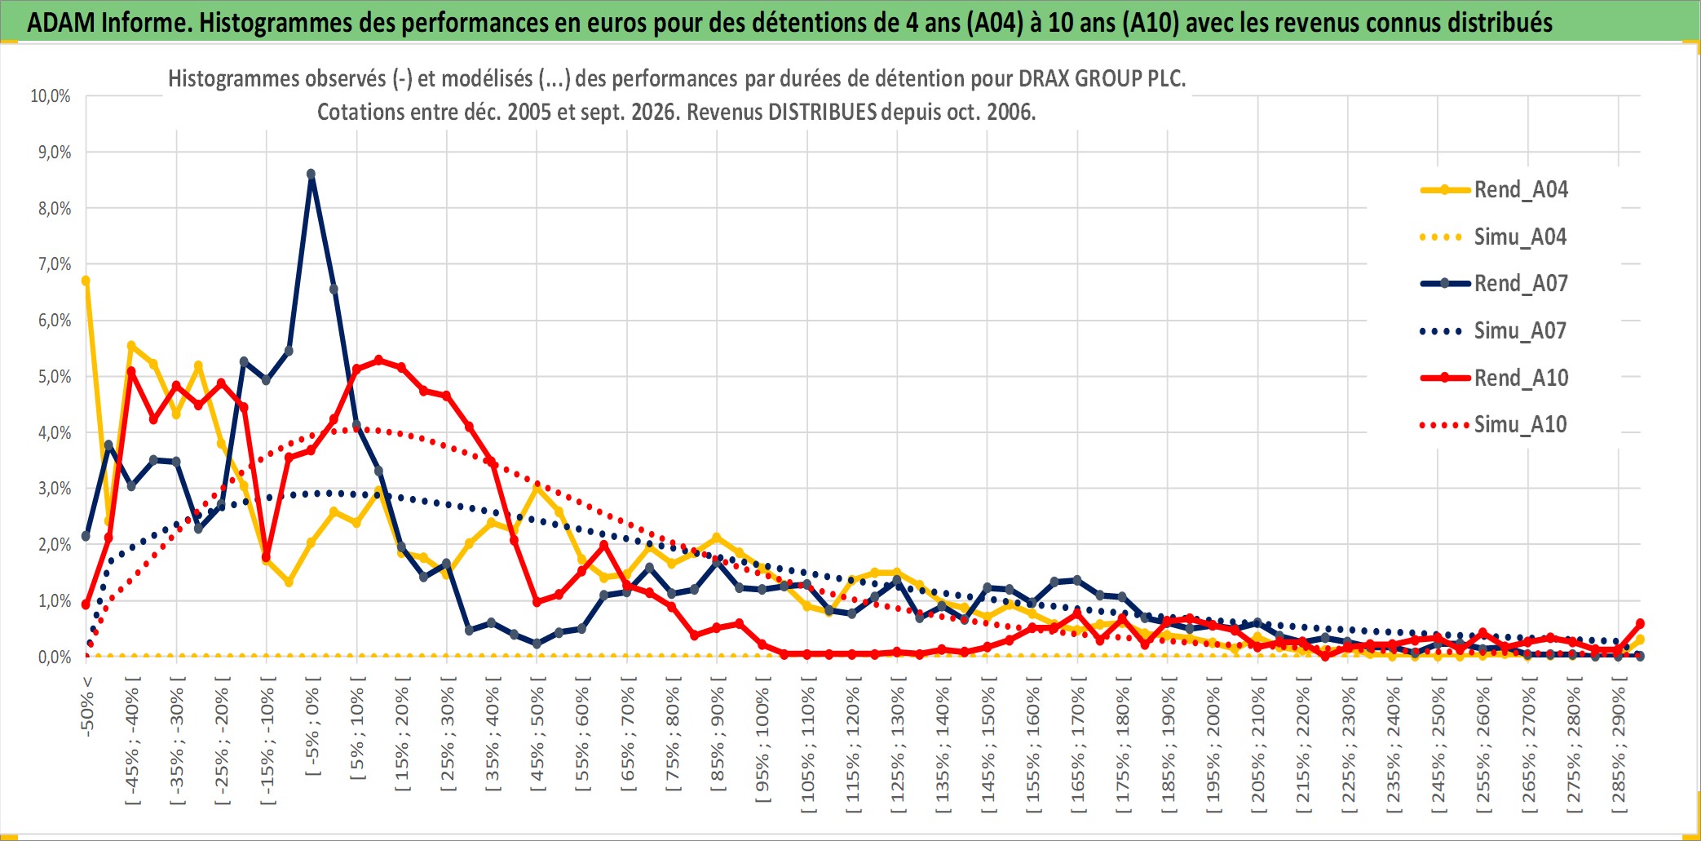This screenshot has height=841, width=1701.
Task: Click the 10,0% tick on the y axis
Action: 51,96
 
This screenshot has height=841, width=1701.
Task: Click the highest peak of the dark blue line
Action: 311,174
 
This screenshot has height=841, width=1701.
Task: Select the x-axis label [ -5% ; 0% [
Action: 313,727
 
